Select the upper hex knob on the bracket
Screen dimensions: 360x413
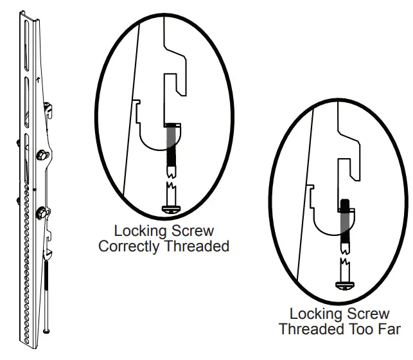click(42, 155)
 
